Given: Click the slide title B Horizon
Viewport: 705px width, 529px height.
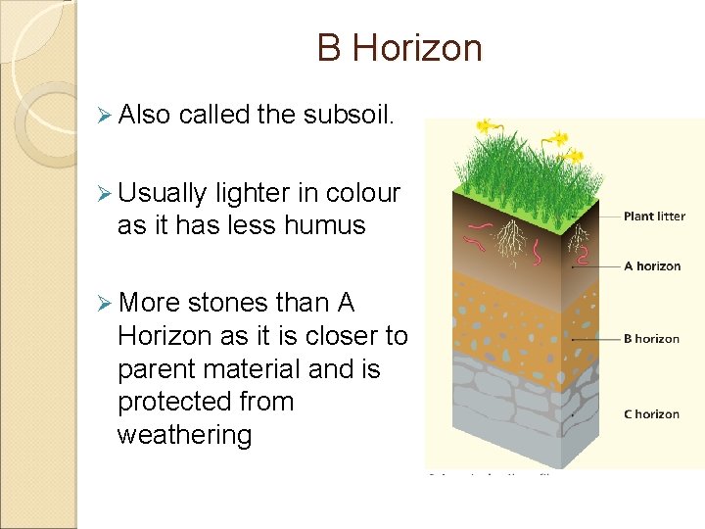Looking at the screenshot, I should coord(399,48).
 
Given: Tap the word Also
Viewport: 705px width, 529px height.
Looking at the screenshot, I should coord(145,115).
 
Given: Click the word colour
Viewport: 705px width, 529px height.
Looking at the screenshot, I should coord(363,193).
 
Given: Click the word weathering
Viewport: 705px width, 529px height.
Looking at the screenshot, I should coord(184,435).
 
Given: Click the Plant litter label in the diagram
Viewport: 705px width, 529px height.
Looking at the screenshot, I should coord(654,216).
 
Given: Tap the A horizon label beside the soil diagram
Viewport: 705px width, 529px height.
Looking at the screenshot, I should coord(651,265).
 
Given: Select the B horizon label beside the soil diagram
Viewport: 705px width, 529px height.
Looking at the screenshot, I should coord(651,339).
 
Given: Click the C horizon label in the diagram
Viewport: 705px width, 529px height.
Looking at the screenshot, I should coord(651,414).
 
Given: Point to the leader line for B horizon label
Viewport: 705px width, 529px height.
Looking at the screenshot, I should coord(597,339).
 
